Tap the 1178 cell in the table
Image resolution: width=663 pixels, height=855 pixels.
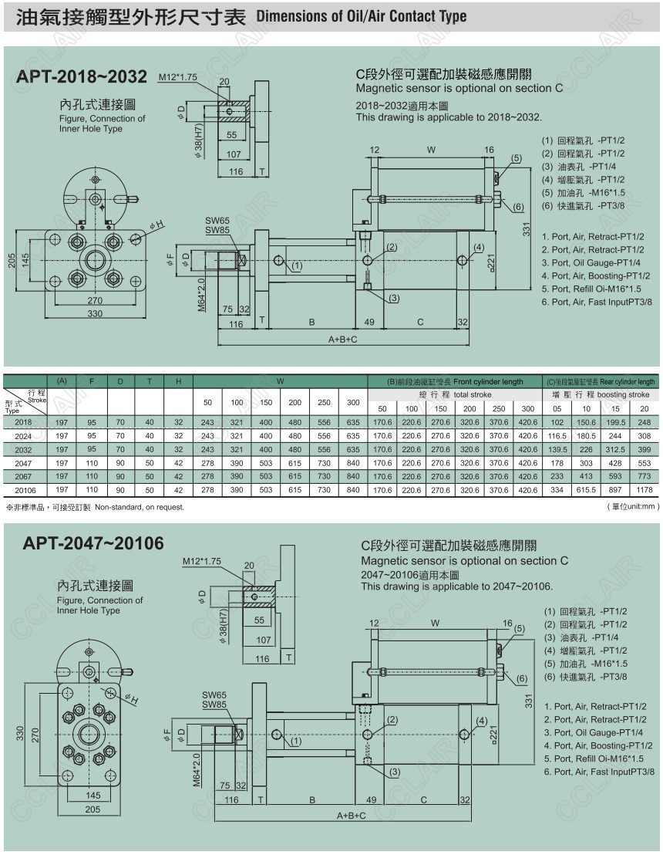coord(644,489)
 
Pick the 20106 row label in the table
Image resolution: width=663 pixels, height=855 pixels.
coord(24,490)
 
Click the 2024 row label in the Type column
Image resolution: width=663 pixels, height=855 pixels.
coord(24,436)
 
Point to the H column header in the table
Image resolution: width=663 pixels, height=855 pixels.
coord(178,381)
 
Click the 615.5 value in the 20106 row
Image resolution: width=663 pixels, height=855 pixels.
coord(587,489)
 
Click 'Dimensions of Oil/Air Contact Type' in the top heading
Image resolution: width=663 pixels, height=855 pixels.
coord(360,15)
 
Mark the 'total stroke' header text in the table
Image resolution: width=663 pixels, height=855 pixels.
coord(473,394)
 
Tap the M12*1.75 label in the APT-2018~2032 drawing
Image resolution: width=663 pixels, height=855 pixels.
coord(177,77)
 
